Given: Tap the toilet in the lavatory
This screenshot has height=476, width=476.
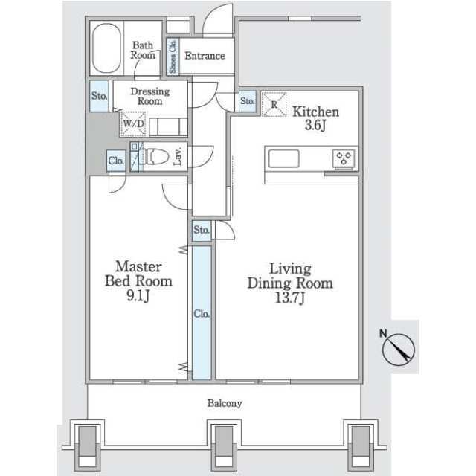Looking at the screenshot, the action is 154,157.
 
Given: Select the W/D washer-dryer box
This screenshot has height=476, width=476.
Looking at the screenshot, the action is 133,123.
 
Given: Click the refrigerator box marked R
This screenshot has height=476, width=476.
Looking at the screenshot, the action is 274,104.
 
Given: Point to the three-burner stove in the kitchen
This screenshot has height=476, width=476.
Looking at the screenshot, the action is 344,158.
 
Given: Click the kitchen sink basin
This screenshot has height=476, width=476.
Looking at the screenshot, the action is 284,158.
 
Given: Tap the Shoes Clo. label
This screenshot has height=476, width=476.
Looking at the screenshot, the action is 173,57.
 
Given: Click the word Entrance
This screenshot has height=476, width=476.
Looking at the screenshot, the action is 205,56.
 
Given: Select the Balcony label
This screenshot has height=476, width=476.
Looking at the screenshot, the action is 225,403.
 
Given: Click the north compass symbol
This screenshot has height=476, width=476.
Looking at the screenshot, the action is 398,349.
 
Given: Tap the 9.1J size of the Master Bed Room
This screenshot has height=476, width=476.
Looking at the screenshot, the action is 138,295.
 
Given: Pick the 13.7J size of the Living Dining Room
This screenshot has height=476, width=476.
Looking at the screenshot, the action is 289,297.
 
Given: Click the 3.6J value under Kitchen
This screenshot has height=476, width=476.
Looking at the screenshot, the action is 315,125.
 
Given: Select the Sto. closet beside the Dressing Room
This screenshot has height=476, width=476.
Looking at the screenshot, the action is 99,96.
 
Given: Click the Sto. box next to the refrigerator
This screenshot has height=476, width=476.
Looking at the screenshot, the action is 248,101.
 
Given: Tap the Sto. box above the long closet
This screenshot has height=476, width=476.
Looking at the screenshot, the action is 202,231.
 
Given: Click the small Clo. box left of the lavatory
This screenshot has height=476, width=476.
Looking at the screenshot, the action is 116,161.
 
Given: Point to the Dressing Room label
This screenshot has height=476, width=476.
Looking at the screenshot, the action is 150,96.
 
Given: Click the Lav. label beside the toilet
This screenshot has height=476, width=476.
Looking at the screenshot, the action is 178,156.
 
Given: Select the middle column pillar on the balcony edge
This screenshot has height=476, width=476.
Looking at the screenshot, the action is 225,446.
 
